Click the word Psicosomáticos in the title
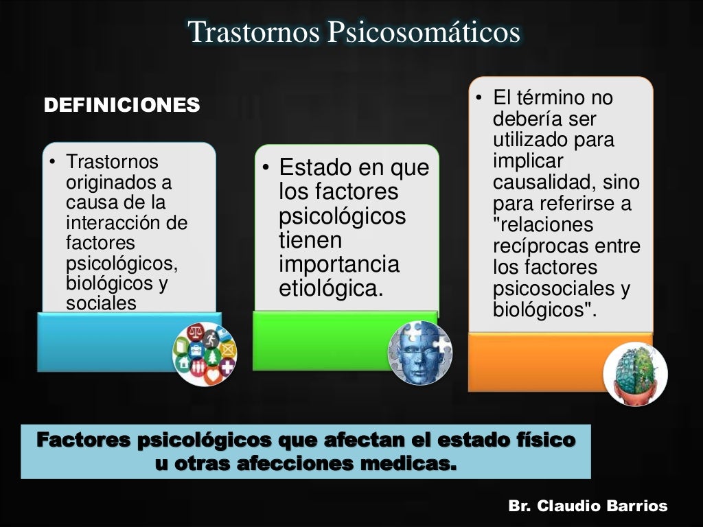pyautogui.click(x=424, y=32)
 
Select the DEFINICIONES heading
pyautogui.click(x=122, y=105)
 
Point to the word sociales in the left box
pyautogui.click(x=101, y=303)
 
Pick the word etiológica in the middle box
pyautogui.click(x=330, y=288)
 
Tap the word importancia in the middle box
pyautogui.click(x=339, y=264)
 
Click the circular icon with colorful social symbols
pyautogui.click(x=205, y=353)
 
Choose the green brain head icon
pyautogui.click(x=635, y=374)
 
